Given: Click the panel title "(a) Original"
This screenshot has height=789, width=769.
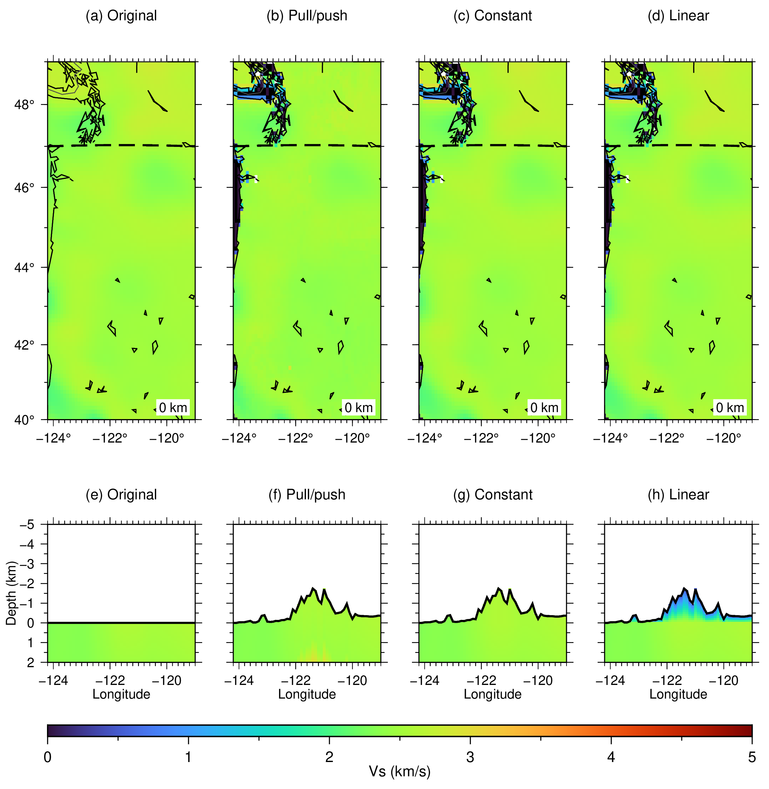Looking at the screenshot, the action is pyautogui.click(x=121, y=16).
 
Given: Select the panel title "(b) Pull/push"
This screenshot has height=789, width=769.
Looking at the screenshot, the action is pyautogui.click(x=307, y=16).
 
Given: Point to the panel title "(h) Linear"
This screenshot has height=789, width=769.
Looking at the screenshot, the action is pyautogui.click(x=678, y=495).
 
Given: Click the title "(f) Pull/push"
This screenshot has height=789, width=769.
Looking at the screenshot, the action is pyautogui.click(x=307, y=495).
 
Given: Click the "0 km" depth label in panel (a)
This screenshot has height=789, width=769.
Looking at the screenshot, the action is pyautogui.click(x=173, y=408).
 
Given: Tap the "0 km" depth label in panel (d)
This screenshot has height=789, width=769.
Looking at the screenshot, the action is pyautogui.click(x=730, y=408).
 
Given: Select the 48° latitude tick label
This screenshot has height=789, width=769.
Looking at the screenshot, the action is pyautogui.click(x=24, y=105).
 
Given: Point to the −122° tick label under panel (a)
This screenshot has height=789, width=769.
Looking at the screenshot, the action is pyautogui.click(x=110, y=438).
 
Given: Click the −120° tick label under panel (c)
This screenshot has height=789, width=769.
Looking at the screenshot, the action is pyautogui.click(x=538, y=438).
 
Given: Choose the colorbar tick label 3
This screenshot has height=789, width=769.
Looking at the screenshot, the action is pyautogui.click(x=470, y=757).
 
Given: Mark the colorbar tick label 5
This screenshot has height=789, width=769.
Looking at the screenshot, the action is pyautogui.click(x=752, y=757).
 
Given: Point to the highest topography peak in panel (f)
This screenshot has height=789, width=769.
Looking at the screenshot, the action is pyautogui.click(x=313, y=588).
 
